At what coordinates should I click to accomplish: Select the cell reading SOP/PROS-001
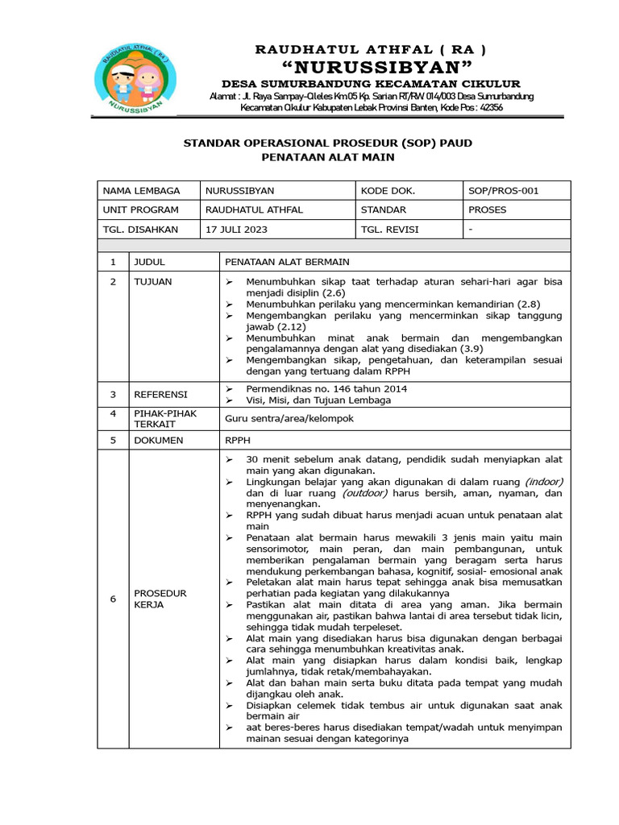[x=504, y=191]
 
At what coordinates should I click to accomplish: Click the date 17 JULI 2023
[x=237, y=230]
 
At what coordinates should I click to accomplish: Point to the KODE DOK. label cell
[x=388, y=191]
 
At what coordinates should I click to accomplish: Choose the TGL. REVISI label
[x=389, y=230]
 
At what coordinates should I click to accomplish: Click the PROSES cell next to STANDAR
[x=488, y=210]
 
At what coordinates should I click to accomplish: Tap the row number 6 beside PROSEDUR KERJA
[x=113, y=599]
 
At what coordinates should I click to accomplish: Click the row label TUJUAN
[x=152, y=281]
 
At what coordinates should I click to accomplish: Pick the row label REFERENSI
[x=160, y=394]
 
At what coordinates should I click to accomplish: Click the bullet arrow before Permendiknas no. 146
[x=230, y=389]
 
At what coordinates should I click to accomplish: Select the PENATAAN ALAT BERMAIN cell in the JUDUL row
[x=287, y=262]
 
